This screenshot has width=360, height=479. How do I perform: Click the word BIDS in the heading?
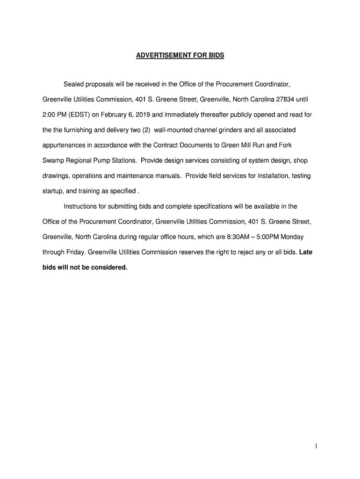pyautogui.click(x=216, y=55)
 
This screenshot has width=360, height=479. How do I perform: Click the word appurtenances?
pyautogui.click(x=65, y=145)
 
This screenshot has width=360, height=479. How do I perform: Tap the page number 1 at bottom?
pyautogui.click(x=316, y=447)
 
